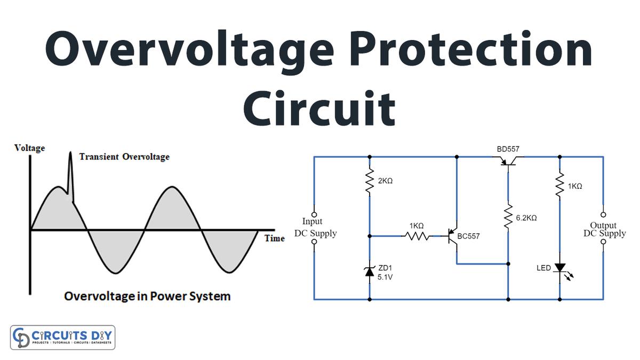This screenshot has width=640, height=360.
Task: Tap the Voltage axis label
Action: click(30, 148)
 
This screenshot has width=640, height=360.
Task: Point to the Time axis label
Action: click(275, 238)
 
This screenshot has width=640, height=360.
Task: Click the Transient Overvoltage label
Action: click(124, 157)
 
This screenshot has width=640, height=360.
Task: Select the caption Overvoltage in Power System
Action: click(147, 295)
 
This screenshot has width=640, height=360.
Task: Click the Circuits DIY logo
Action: click(62, 337)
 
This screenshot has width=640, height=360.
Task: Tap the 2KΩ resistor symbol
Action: click(369, 181)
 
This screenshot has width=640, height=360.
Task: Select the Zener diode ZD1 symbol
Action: click(369, 271)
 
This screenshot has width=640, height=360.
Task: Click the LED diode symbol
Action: click(559, 268)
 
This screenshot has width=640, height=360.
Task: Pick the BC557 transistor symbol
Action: click(453, 235)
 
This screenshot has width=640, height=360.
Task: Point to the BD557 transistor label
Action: click(508, 149)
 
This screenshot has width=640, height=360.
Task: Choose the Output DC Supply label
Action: click(604, 229)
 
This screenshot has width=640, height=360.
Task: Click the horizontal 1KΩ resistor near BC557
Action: click(417, 235)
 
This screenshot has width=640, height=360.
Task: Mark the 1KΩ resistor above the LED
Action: click(559, 184)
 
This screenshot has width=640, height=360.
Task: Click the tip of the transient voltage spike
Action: click(69, 153)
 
